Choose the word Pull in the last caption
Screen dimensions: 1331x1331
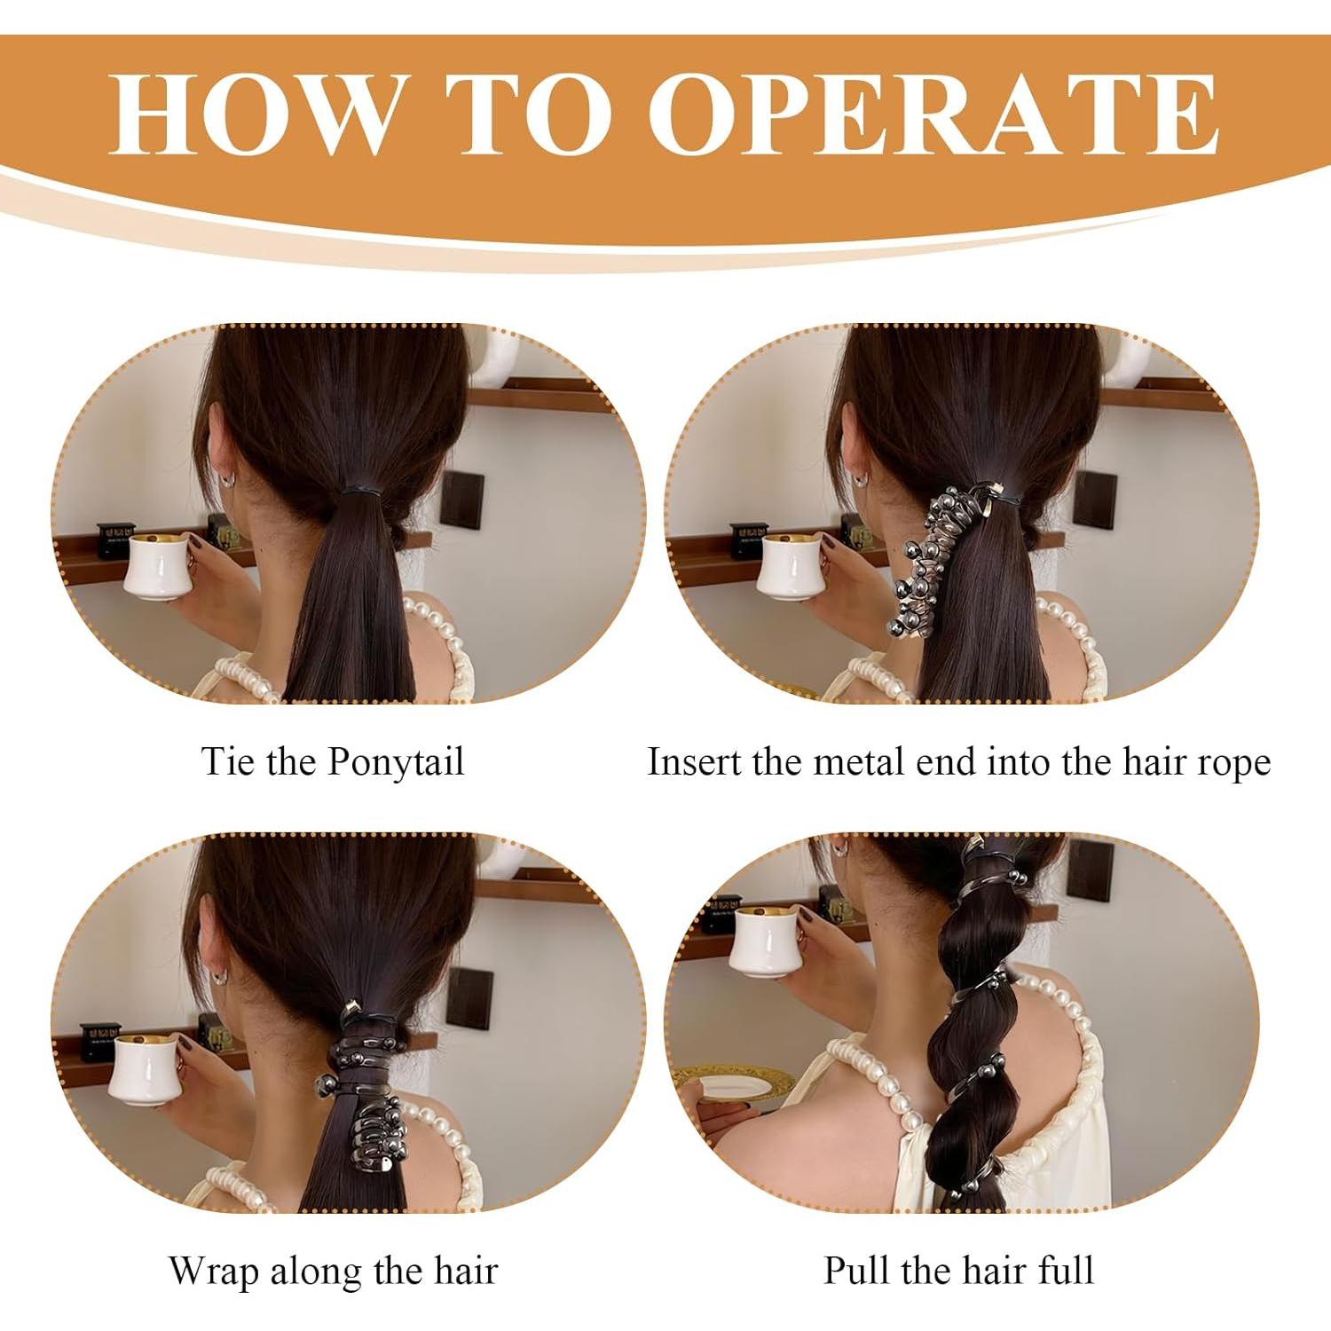pyautogui.click(x=858, y=1270)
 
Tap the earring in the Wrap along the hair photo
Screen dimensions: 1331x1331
pyautogui.click(x=217, y=979)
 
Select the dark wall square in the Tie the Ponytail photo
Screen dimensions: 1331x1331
pyautogui.click(x=461, y=499)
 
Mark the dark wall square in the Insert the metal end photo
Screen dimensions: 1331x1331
pyautogui.click(x=1095, y=499)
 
